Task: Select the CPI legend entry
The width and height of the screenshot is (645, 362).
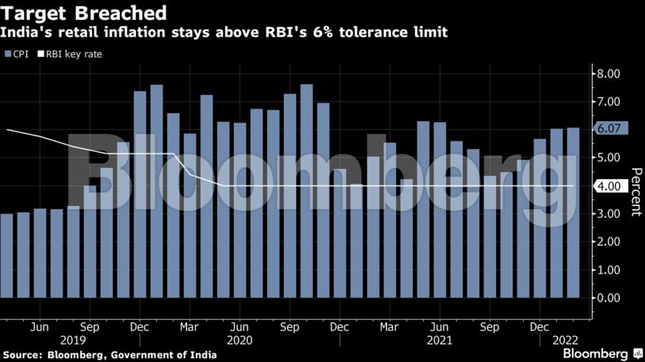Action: coord(17,54)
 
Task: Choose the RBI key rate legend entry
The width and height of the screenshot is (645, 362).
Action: coord(71,54)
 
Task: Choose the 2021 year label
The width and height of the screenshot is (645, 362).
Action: coord(439,340)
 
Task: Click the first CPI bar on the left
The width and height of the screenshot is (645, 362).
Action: coord(6,255)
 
